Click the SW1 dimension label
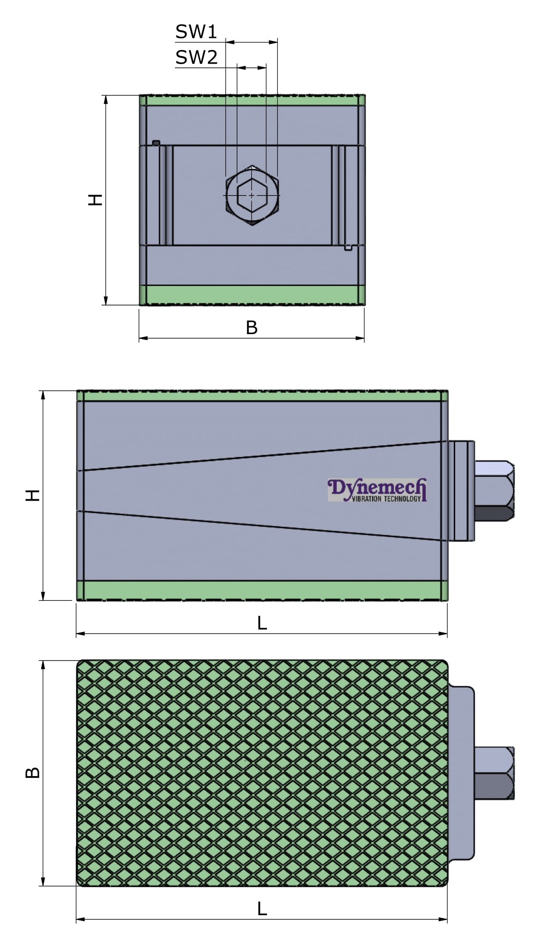(196, 32)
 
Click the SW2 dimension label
(197, 57)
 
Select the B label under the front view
(251, 328)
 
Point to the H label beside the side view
(33, 495)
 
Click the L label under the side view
(262, 623)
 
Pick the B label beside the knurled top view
(33, 772)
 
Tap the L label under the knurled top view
(262, 909)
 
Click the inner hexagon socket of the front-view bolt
(252, 195)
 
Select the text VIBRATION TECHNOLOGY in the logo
(386, 499)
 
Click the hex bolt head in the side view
(494, 491)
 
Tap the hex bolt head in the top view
(494, 773)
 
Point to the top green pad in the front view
(252, 100)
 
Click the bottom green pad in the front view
(252, 295)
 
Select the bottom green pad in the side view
(262, 590)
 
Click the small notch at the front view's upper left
(156, 143)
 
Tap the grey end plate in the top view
(461, 773)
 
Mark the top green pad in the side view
(262, 396)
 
